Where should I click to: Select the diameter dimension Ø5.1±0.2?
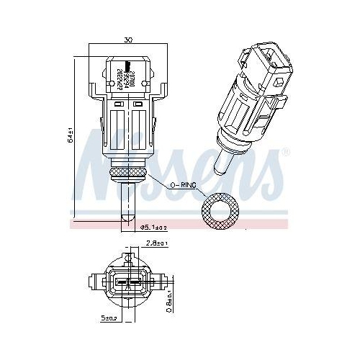click(x=152, y=228)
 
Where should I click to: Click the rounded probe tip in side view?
click(x=127, y=215)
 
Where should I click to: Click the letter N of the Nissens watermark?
click(x=97, y=155)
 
